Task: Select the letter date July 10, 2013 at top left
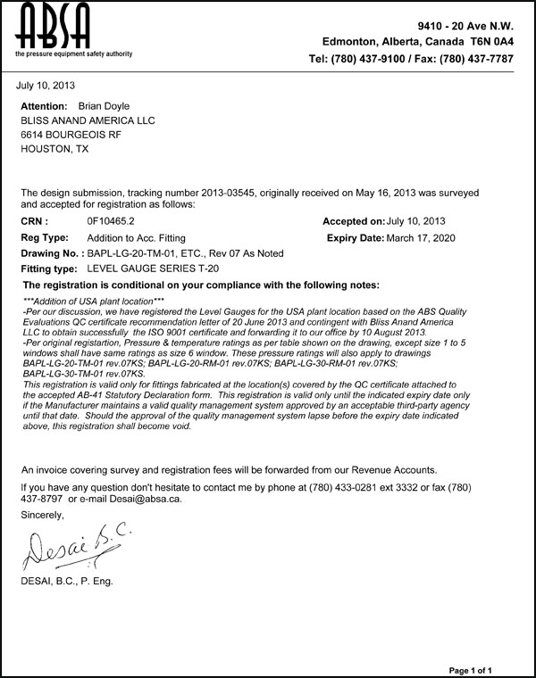click(x=46, y=86)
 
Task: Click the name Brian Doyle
click(x=104, y=105)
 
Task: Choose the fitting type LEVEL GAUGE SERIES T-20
click(x=153, y=269)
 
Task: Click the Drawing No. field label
click(x=51, y=253)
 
